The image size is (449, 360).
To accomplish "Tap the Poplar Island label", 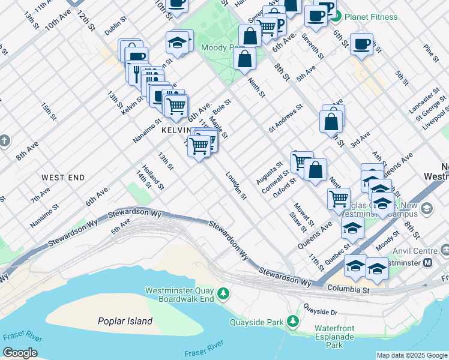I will [125, 321].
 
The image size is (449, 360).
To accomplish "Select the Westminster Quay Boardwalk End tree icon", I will [223, 293].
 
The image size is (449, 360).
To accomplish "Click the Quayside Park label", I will [256, 322].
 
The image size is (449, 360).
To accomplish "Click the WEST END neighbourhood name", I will [63, 178].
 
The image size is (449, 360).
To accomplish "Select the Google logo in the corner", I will [20, 353].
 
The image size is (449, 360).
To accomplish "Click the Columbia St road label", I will [349, 289].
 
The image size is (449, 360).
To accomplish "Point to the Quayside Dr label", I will [322, 311].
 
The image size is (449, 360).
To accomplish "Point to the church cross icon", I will [5, 141].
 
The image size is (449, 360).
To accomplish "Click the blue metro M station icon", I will [428, 262].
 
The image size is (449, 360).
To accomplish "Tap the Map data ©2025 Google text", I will [412, 355].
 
